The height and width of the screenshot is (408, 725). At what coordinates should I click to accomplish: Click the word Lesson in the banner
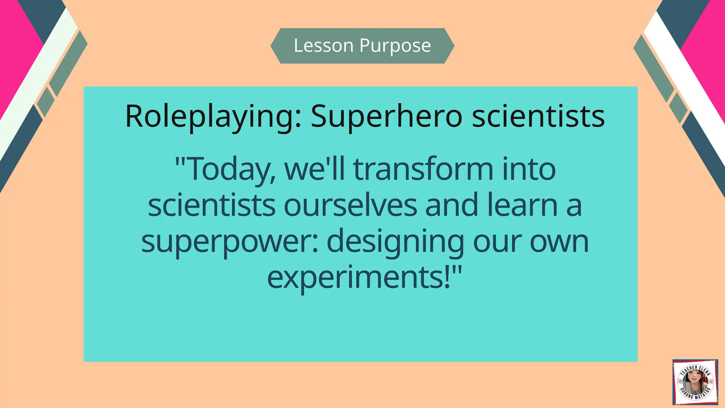click(x=324, y=46)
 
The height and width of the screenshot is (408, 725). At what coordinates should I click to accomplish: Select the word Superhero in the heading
click(x=386, y=117)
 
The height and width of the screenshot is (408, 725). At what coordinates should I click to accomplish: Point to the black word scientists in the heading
click(x=538, y=117)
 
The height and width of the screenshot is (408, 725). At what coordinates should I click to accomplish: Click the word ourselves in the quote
click(x=350, y=205)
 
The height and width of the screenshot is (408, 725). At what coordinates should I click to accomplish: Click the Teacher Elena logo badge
click(x=695, y=382)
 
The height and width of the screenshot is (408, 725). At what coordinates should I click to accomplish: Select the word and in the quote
click(x=452, y=205)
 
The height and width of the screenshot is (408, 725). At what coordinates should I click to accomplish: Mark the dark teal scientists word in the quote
click(x=211, y=205)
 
